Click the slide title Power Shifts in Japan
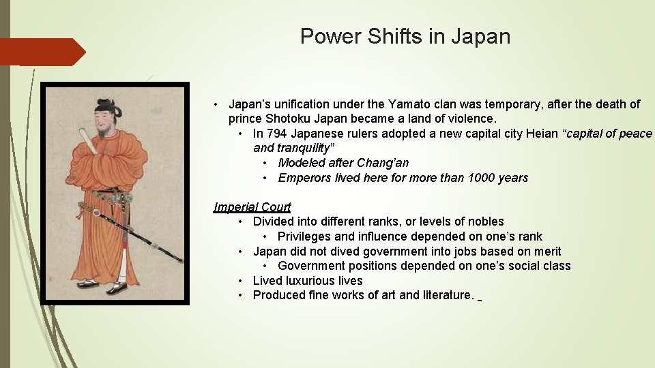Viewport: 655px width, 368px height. tap(405, 36)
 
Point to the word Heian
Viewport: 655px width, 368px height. tap(542, 134)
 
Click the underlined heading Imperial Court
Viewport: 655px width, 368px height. tap(252, 207)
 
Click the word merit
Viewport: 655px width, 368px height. tap(547, 251)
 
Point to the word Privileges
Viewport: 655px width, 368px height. tap(304, 236)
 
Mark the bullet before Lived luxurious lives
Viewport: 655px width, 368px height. tap(242, 281)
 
